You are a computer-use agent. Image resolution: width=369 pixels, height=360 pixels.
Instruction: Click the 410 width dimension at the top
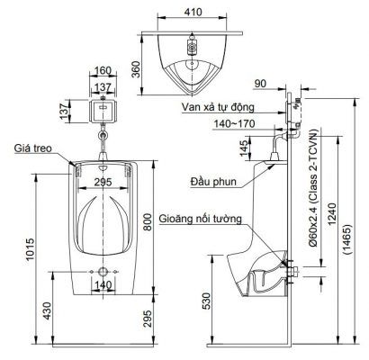pyautogui.click(x=193, y=13)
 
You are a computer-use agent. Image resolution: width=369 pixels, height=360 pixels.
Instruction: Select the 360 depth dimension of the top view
pyautogui.click(x=136, y=69)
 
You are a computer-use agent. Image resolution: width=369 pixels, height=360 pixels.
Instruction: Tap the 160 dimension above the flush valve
pyautogui.click(x=103, y=71)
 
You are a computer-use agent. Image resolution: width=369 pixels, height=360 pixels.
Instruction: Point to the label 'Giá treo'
pyautogui.click(x=33, y=148)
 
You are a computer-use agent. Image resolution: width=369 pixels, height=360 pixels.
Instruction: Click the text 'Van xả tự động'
pyautogui.click(x=218, y=107)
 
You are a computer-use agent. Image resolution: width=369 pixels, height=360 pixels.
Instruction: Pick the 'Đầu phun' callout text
pyautogui.click(x=213, y=182)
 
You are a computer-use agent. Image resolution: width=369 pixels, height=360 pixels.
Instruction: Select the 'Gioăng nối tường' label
pyautogui.click(x=200, y=219)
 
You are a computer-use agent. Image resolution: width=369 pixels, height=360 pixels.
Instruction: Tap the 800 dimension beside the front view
pyautogui.click(x=148, y=222)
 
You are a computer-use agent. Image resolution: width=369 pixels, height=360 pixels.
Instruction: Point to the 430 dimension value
pyautogui.click(x=47, y=311)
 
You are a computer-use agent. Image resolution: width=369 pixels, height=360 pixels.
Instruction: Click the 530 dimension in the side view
pyautogui.click(x=207, y=301)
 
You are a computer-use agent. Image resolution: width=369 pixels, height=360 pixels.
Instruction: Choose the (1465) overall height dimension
pyautogui.click(x=347, y=239)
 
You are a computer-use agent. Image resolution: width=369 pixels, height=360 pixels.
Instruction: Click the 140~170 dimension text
pyautogui.click(x=234, y=123)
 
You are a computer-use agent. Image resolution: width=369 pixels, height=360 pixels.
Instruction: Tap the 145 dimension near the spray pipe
pyautogui.click(x=244, y=148)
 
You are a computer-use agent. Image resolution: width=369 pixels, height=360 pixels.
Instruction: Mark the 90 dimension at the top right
pyautogui.click(x=260, y=84)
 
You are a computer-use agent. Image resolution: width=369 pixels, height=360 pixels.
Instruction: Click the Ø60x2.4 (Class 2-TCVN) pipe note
pyautogui.click(x=314, y=188)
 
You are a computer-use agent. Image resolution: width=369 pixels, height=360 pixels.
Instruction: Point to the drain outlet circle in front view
pyautogui.click(x=103, y=272)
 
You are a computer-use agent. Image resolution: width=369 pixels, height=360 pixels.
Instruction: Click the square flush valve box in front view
pyautogui.click(x=103, y=111)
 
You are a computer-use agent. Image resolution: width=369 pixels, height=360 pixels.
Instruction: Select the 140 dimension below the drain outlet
pyautogui.click(x=103, y=285)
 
